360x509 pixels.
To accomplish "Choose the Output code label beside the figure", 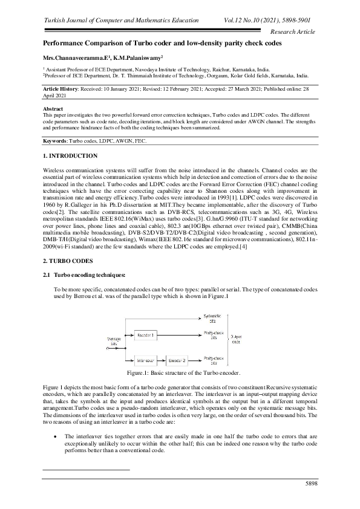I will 237,337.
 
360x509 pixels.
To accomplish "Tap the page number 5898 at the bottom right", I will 310,483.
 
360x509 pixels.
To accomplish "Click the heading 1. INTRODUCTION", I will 69,157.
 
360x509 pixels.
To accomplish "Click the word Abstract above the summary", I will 53,108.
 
